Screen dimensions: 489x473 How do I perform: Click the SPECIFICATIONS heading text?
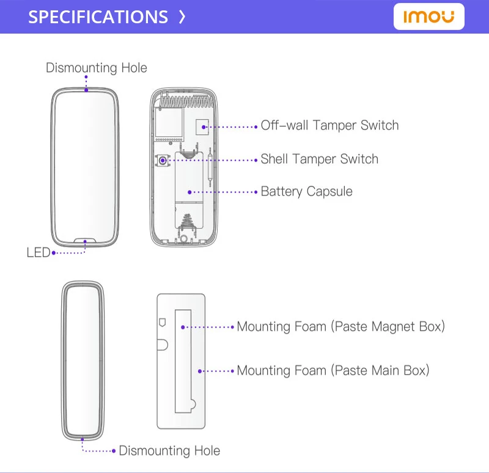[98, 17]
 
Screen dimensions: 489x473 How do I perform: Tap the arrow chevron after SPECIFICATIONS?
[182, 17]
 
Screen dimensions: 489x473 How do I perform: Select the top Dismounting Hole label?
[97, 68]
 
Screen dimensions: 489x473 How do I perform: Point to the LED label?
[38, 252]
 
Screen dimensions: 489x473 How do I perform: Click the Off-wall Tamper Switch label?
[329, 126]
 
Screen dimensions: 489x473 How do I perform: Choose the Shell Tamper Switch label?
[319, 159]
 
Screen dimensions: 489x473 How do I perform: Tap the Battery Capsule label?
[306, 191]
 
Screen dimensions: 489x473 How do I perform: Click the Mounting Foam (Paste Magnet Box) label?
[340, 326]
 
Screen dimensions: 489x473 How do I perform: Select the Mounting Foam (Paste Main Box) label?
[333, 370]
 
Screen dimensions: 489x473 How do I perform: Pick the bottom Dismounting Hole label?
[169, 451]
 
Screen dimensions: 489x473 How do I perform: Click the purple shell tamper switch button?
[163, 160]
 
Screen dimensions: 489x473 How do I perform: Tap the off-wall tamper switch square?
[202, 127]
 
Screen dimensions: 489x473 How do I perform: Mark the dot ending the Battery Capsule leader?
[189, 192]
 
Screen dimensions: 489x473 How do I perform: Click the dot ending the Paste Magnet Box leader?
[182, 327]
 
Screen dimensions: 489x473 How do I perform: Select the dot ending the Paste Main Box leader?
[200, 371]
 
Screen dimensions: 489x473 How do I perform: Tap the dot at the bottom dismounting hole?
[83, 439]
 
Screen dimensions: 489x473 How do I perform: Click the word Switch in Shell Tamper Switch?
[359, 159]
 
